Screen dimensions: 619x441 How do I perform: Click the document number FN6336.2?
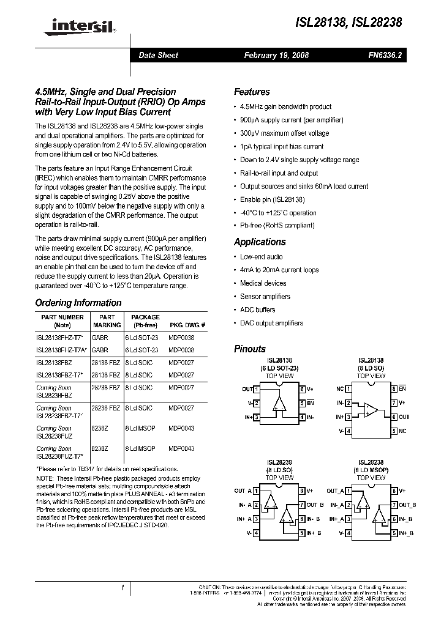[x=385, y=55]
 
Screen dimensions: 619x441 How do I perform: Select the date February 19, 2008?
[x=276, y=55]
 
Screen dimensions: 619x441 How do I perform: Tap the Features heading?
[x=252, y=92]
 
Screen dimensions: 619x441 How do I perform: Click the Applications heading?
[x=260, y=242]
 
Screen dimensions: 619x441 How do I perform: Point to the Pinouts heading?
[x=250, y=349]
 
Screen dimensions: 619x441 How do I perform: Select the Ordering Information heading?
[x=78, y=303]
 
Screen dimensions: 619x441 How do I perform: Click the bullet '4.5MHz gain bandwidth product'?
[x=285, y=106]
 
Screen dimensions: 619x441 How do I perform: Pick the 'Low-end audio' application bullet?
[x=261, y=257]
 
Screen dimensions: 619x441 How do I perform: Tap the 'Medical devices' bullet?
[x=263, y=283]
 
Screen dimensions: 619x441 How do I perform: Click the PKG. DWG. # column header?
[x=187, y=325]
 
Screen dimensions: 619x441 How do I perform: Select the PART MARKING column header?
[x=107, y=321]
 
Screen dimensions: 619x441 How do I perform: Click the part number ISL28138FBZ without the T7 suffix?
[x=54, y=362]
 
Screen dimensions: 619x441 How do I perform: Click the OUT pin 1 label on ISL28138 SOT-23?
[x=247, y=389]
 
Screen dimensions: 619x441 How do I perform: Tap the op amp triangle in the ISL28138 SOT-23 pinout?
[x=279, y=404]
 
